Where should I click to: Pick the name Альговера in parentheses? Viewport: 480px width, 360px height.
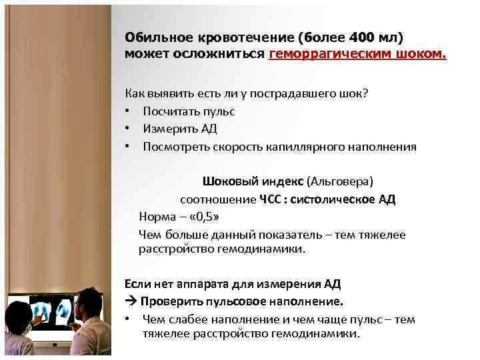341,182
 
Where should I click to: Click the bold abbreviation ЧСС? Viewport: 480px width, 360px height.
271,199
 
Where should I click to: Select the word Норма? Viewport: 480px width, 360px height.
155,217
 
